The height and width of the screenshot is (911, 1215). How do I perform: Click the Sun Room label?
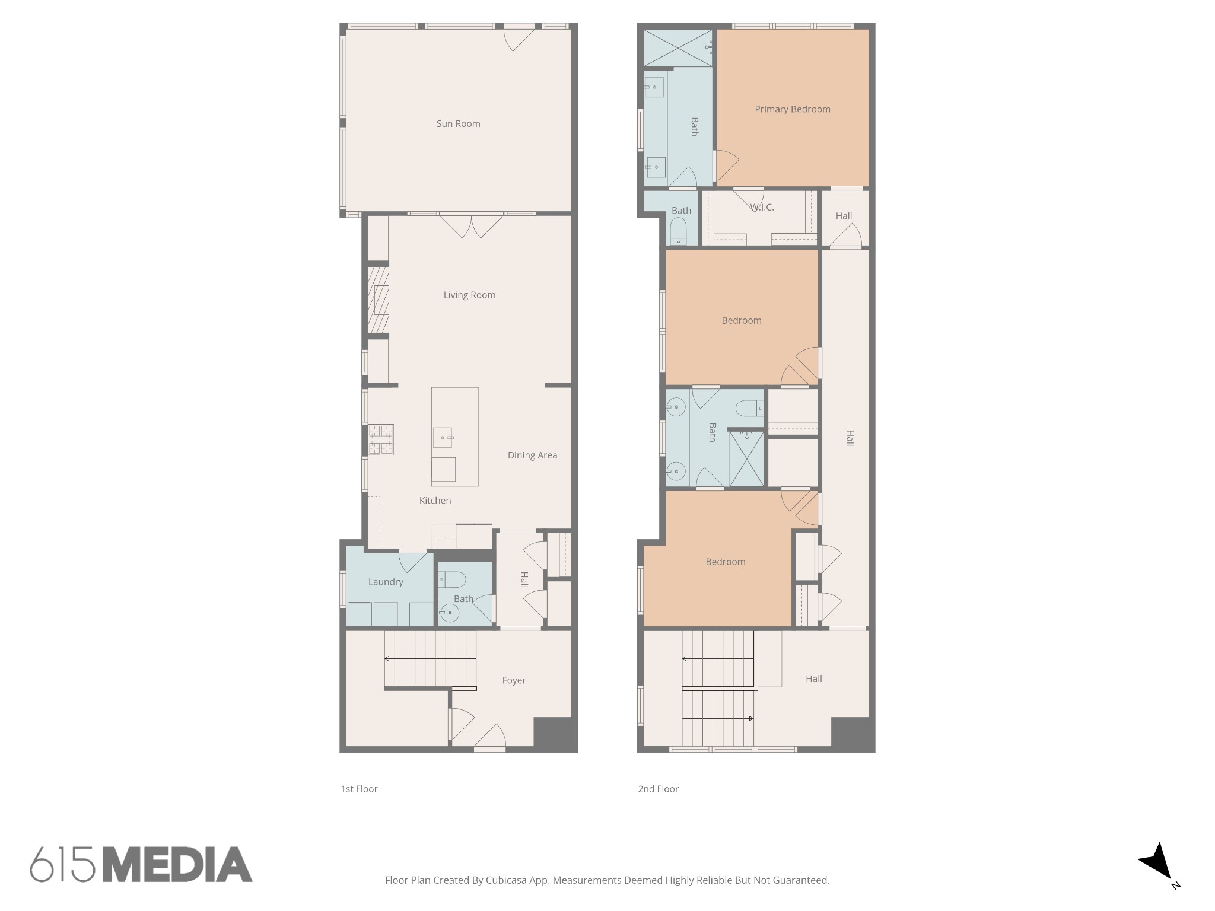click(458, 123)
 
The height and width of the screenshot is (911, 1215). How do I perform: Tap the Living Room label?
click(469, 295)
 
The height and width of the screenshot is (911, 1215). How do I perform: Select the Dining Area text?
click(532, 455)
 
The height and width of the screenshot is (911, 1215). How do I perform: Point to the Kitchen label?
click(435, 501)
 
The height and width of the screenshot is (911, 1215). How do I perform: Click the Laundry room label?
click(386, 582)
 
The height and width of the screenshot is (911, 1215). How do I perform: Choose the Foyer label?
click(514, 680)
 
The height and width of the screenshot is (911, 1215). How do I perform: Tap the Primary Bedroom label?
click(793, 109)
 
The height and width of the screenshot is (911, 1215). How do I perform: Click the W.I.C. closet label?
click(762, 208)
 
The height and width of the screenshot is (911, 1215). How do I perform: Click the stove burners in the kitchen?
click(381, 439)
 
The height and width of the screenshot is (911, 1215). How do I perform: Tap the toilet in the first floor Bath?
click(451, 579)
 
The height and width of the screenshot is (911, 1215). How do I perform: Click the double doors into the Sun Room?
click(471, 226)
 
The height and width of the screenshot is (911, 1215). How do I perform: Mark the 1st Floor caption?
click(359, 789)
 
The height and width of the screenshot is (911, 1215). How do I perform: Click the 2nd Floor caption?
click(658, 789)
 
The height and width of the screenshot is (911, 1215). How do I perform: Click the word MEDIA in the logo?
click(178, 864)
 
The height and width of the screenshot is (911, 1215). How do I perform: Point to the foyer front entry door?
click(489, 736)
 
